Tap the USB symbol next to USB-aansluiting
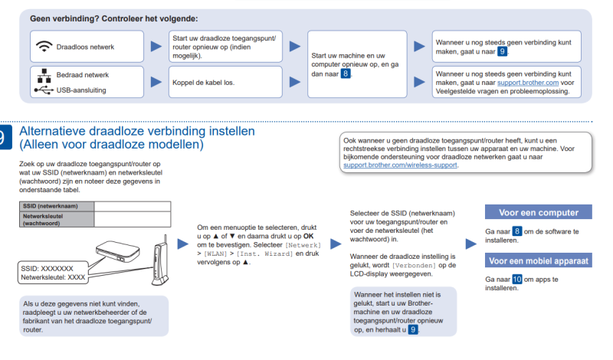tap(43, 90)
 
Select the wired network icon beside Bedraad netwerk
tap(43, 75)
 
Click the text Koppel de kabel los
tap(203, 82)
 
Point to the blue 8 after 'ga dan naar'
tap(346, 74)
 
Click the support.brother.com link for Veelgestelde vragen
tap(529, 82)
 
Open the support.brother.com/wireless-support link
tap(401, 165)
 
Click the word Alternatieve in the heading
tap(60, 132)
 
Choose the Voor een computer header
tap(539, 212)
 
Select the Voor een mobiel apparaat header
tap(539, 260)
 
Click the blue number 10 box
tap(517, 280)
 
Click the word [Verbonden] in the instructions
tap(415, 264)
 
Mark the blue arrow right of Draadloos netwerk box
tap(156, 47)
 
